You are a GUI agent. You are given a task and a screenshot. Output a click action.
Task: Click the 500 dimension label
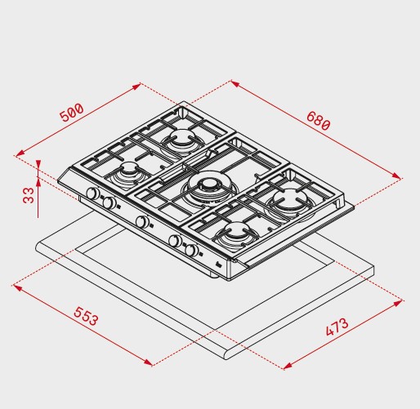[71, 112]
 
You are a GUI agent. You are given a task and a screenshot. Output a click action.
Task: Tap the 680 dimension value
[319, 121]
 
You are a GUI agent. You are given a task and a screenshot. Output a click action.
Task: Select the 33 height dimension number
[29, 195]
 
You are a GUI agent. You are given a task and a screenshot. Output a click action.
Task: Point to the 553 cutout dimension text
[86, 316]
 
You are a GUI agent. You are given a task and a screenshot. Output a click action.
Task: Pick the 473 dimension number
[337, 327]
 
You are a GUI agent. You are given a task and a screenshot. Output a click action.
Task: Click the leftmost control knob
[93, 193]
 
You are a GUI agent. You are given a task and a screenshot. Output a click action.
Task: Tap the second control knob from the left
[109, 202]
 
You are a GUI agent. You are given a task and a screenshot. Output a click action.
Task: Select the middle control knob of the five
[142, 221]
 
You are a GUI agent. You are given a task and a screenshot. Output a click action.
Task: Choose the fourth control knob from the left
[175, 241]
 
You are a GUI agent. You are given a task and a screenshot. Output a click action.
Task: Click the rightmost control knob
[191, 250]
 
